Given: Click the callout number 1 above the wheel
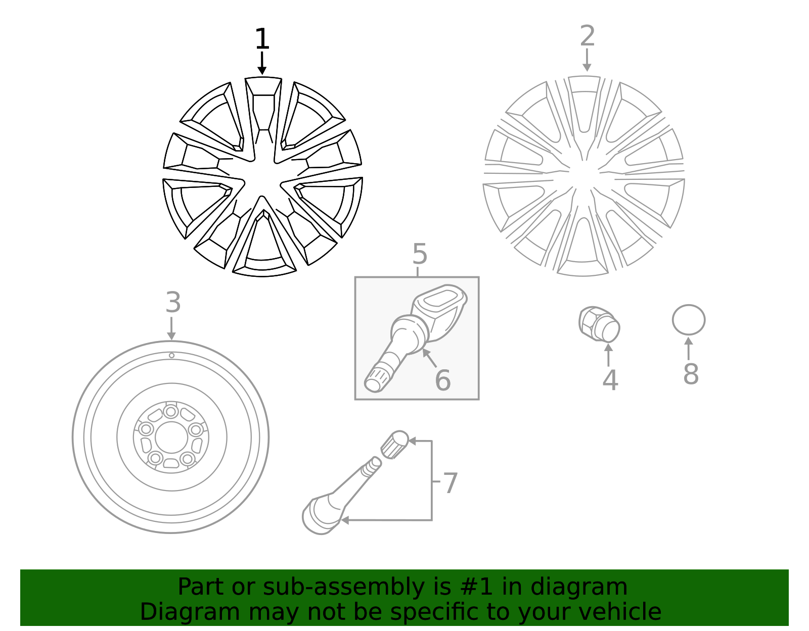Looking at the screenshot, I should pos(262,39).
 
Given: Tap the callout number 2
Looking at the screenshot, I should pos(587,36).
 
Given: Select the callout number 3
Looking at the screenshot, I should pos(173,303).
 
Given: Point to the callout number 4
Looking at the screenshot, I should pos(610,380).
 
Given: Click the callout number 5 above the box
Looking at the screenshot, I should pos(420,254).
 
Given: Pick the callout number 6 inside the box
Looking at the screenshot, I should pos(442,380).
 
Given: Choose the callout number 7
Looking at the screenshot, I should pos(450,483).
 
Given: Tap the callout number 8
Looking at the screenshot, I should pos(691,374).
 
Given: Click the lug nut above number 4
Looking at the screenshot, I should pos(599,324).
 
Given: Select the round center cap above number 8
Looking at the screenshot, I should pos(688,320).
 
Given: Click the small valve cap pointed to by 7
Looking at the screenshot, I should pos(394,444).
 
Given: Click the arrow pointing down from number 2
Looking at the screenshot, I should pos(587,60).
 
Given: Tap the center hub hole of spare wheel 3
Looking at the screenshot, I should pos(171,437).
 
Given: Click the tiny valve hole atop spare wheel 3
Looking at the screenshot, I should pos(171,356).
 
